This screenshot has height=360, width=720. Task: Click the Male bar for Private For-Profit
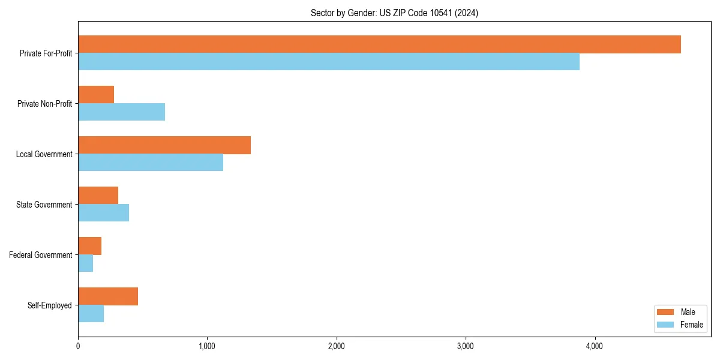pyautogui.click(x=379, y=44)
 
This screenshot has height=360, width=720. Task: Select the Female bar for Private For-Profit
pyautogui.click(x=329, y=62)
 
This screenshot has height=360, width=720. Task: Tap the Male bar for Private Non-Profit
pyautogui.click(x=96, y=95)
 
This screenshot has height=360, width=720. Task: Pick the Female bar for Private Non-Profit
pyautogui.click(x=121, y=112)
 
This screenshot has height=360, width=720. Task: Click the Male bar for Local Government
pyautogui.click(x=164, y=145)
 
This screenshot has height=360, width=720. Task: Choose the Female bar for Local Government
pyautogui.click(x=151, y=163)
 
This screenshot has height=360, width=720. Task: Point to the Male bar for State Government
pyautogui.click(x=98, y=196)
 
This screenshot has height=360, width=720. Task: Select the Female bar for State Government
pyautogui.click(x=103, y=213)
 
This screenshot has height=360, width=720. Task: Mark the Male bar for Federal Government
pyautogui.click(x=89, y=246)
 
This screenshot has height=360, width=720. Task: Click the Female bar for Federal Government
pyautogui.click(x=85, y=263)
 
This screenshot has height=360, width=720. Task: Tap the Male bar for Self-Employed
pyautogui.click(x=108, y=296)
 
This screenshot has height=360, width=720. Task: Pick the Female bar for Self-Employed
pyautogui.click(x=91, y=314)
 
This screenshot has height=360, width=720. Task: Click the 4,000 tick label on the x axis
pyautogui.click(x=595, y=346)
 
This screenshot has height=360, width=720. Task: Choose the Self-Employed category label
pyautogui.click(x=50, y=305)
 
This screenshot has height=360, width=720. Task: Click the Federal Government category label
pyautogui.click(x=41, y=255)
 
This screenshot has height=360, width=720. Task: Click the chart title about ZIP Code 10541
pyautogui.click(x=394, y=13)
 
